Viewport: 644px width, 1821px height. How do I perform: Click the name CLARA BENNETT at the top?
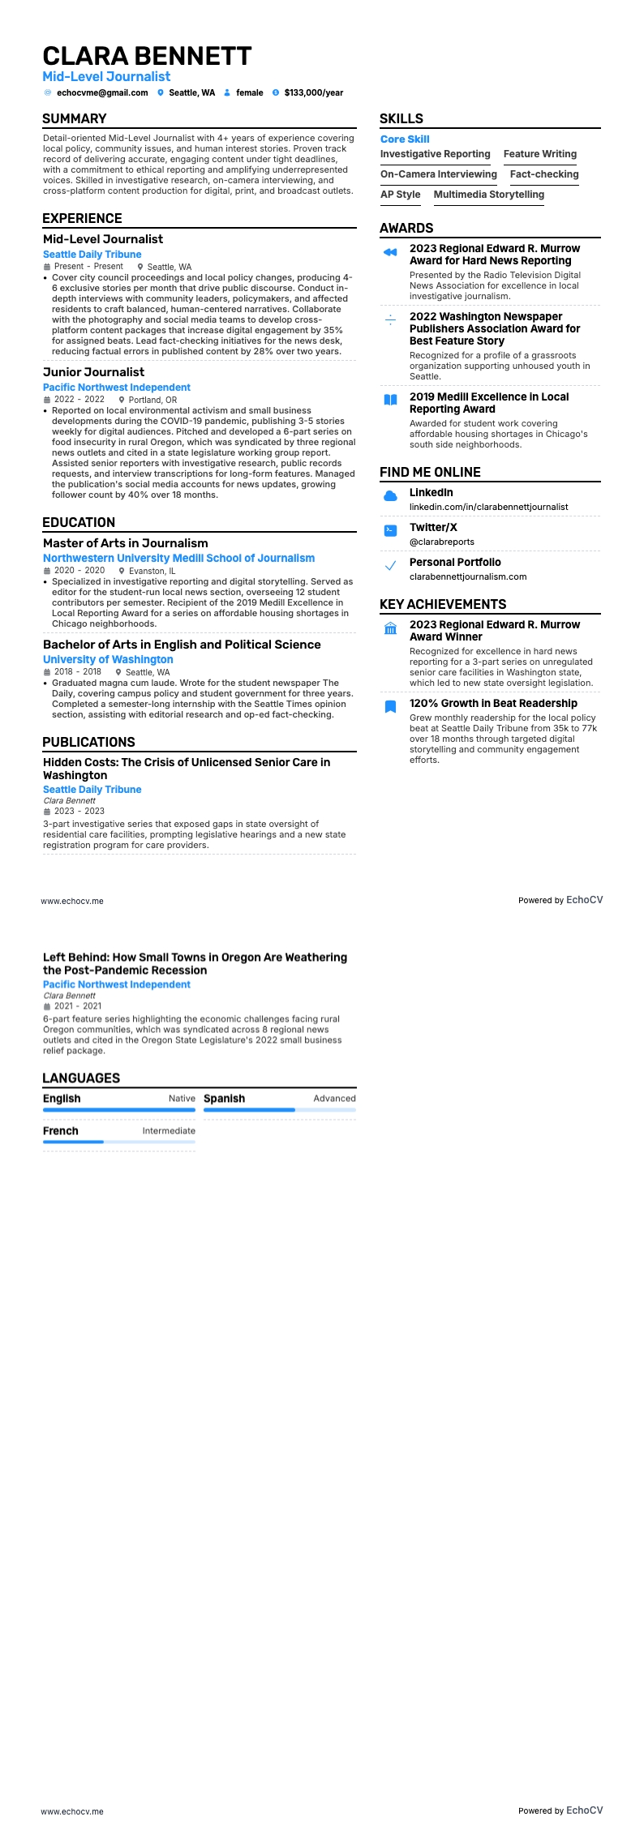[147, 56]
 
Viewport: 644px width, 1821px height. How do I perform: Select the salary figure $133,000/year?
[313, 93]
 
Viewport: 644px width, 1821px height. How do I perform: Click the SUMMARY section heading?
[75, 119]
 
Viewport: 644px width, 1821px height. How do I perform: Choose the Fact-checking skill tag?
[544, 174]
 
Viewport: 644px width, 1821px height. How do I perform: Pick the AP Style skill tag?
[401, 195]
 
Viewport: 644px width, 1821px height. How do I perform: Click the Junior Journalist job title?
[94, 372]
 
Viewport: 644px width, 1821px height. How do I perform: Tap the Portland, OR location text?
[152, 400]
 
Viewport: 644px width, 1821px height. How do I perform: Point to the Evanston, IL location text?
[152, 571]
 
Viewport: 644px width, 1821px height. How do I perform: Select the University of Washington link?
[108, 660]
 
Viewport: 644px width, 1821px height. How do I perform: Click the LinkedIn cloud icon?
[390, 495]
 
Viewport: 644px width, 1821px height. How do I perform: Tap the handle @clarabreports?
[442, 542]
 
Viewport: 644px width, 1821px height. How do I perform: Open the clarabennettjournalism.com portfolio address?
[468, 576]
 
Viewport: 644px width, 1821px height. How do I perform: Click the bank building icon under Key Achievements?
[390, 628]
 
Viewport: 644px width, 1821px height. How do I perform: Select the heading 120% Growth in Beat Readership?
[493, 704]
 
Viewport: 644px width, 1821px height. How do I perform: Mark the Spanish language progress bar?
[279, 1110]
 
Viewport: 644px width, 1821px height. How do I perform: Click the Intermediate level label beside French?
[169, 1131]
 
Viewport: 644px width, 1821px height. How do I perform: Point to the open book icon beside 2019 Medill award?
[390, 400]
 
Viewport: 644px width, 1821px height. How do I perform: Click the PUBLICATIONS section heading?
[88, 743]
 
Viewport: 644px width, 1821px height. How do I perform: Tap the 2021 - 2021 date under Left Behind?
[78, 1006]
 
